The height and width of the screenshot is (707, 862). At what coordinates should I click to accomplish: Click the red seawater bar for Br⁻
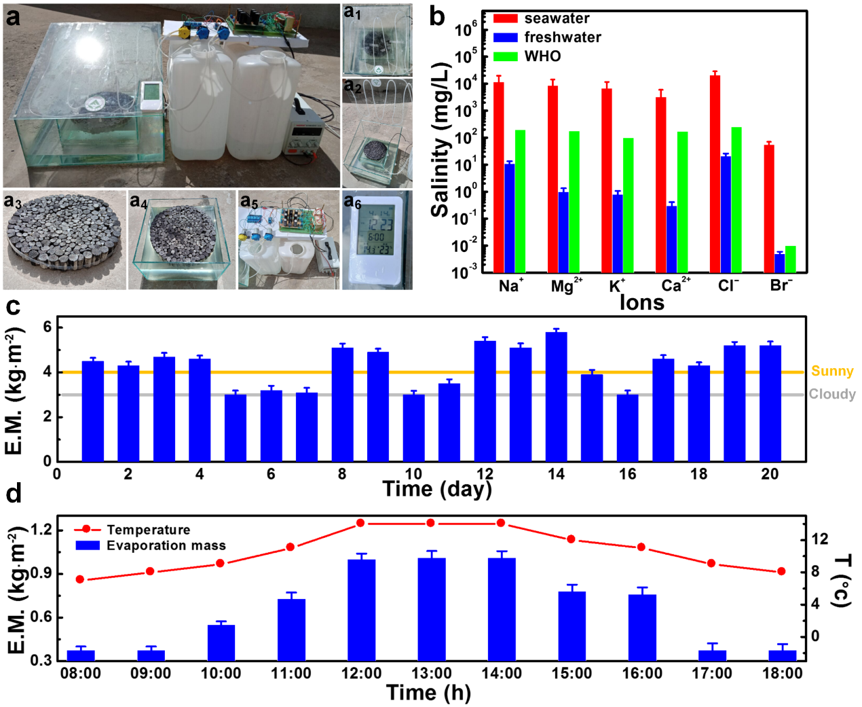coord(769,209)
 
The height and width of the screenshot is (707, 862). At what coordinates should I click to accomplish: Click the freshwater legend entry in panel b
coord(562,37)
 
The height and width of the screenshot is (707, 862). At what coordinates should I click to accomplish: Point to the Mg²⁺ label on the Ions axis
coord(565,286)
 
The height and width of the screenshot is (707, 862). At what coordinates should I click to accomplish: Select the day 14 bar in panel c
coord(556,397)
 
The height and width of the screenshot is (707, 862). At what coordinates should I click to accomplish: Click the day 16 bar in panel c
coord(627,427)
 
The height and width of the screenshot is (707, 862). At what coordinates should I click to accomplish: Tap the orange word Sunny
coord(832,371)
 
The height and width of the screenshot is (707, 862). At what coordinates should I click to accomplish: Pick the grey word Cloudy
coord(832,394)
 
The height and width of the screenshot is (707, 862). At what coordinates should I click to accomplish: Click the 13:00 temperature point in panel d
coord(430,523)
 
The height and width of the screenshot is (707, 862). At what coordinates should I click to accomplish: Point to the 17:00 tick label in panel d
coord(711,673)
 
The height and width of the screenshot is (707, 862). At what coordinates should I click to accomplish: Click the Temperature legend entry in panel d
coord(148,530)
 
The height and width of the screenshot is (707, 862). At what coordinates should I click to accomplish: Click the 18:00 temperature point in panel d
coord(781,572)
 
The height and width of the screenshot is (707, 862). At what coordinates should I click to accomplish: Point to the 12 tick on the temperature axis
coord(820,539)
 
